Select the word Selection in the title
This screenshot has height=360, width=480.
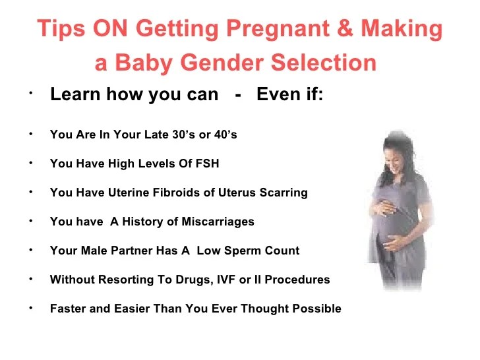click(x=324, y=62)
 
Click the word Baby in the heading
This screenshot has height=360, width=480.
click(x=144, y=63)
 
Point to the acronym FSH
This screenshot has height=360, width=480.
click(x=207, y=163)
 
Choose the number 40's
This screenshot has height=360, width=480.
click(x=225, y=134)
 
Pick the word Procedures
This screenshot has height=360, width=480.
click(x=297, y=280)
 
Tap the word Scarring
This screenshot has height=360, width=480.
click(x=284, y=193)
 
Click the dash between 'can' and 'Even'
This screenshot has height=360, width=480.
click(x=237, y=96)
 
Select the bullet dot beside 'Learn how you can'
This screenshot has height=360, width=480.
click(x=30, y=94)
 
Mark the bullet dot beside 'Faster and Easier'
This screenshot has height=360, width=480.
click(x=30, y=309)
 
